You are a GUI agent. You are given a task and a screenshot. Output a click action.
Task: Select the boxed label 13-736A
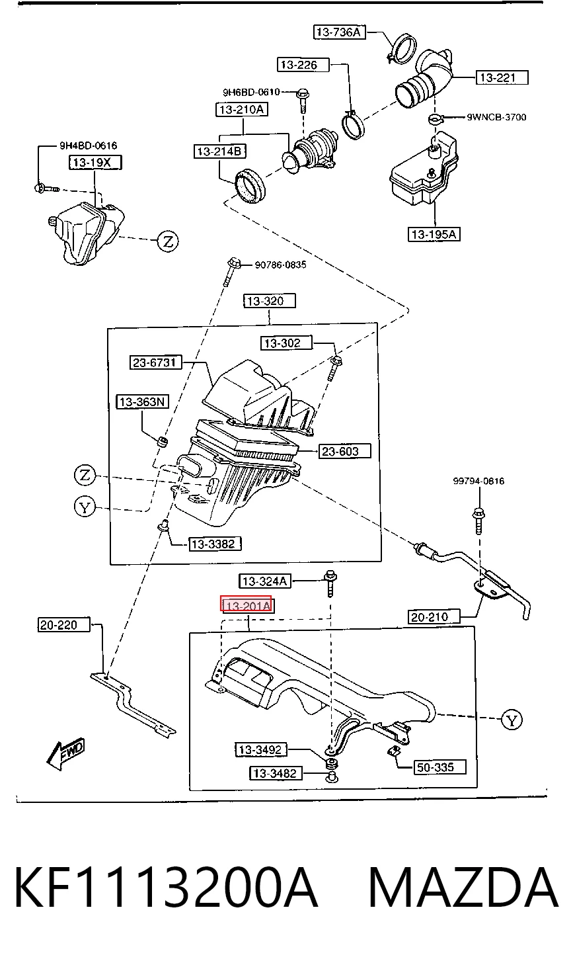[x=339, y=32]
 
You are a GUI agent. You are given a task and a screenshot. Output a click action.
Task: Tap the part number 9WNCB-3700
[x=496, y=117]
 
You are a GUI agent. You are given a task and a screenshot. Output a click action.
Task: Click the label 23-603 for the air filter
[x=344, y=451]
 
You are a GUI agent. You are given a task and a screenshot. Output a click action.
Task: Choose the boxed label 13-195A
[x=434, y=234]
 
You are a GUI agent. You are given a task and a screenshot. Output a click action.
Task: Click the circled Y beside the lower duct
[x=512, y=720]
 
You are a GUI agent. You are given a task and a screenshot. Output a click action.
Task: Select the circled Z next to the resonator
[x=168, y=241]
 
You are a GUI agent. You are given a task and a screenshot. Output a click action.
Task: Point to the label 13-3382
[x=215, y=544]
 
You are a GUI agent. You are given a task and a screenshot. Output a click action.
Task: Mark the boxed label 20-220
[x=64, y=624]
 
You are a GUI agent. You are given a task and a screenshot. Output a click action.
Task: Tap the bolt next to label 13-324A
[x=330, y=583]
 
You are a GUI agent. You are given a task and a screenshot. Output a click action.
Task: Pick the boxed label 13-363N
[x=143, y=401]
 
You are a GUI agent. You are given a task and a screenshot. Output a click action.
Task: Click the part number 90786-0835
[x=281, y=265]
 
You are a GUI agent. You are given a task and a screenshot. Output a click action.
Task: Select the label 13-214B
[x=220, y=151]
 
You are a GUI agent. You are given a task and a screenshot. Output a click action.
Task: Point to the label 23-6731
[x=155, y=362]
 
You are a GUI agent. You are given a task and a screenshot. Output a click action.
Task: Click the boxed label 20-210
[x=434, y=617]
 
